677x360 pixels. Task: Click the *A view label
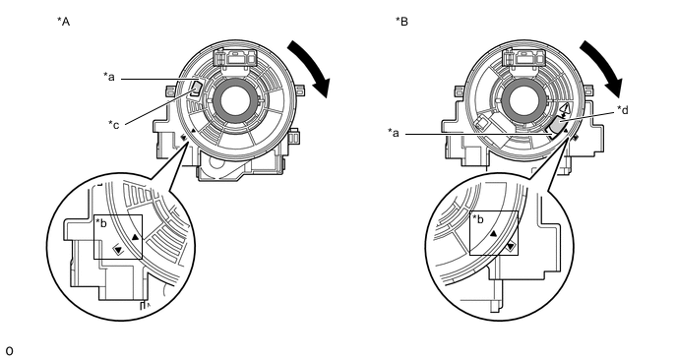click(x=63, y=22)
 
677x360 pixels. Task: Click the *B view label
click(x=401, y=22)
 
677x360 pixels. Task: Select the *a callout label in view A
click(x=109, y=77)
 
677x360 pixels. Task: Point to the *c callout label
click(x=114, y=124)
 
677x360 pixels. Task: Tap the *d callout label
click(x=623, y=110)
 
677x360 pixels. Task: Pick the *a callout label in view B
click(x=394, y=133)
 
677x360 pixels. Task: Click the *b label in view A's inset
click(x=101, y=223)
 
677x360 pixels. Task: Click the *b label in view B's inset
click(x=478, y=218)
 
